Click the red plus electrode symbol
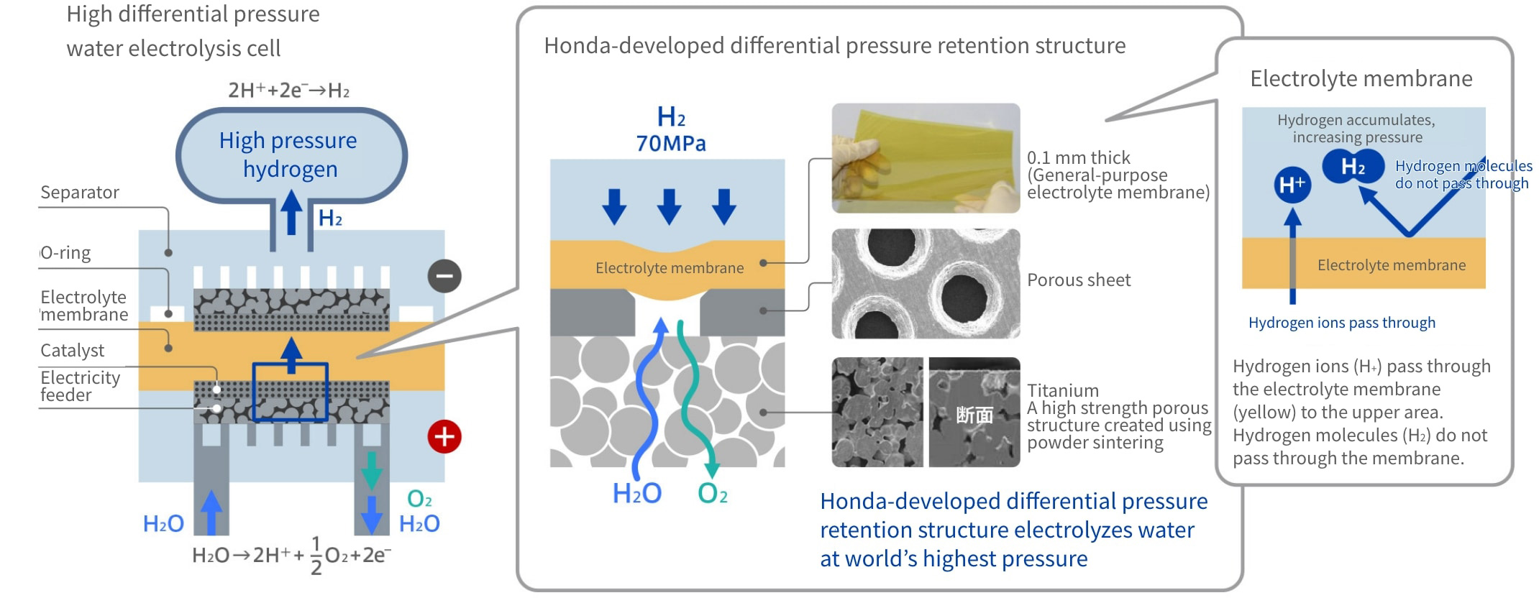[x=444, y=436]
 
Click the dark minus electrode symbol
[x=444, y=276]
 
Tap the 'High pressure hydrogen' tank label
[x=289, y=155]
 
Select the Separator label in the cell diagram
[x=80, y=193]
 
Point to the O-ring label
[x=66, y=253]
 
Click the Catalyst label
[x=72, y=351]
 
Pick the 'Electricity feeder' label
[x=80, y=386]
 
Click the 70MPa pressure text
[x=670, y=144]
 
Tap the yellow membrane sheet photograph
[x=926, y=158]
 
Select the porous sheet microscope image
[x=926, y=284]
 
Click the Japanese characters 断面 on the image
[x=974, y=415]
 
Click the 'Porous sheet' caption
[x=1079, y=280]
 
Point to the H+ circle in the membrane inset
[x=1292, y=185]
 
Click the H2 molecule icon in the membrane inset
[x=1353, y=167]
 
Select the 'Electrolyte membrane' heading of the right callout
[x=1361, y=78]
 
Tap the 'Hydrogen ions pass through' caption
[x=1341, y=323]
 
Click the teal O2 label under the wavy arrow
[x=713, y=494]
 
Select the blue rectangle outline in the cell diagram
[x=290, y=392]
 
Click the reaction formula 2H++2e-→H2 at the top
[x=288, y=91]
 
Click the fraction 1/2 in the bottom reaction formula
[x=316, y=556]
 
